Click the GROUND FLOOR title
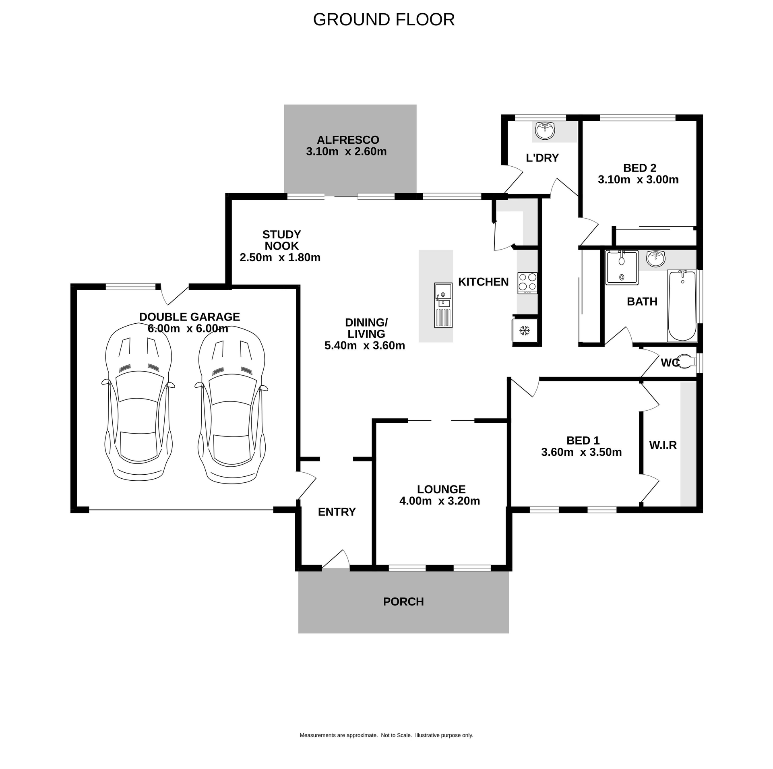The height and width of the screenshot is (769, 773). click(384, 19)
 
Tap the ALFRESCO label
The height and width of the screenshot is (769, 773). click(348, 140)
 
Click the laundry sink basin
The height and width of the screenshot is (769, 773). click(545, 131)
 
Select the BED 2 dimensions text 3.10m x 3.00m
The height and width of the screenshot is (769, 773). click(638, 180)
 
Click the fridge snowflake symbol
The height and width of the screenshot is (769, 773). click(524, 331)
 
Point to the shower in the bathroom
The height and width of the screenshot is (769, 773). click(622, 267)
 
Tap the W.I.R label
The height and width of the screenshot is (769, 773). click(663, 445)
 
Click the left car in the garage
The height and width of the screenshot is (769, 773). click(138, 403)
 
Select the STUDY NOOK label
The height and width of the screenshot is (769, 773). click(281, 240)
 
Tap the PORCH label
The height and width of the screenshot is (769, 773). click(403, 602)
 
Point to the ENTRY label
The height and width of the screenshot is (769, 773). click(337, 512)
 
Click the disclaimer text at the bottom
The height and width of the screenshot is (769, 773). click(386, 735)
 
